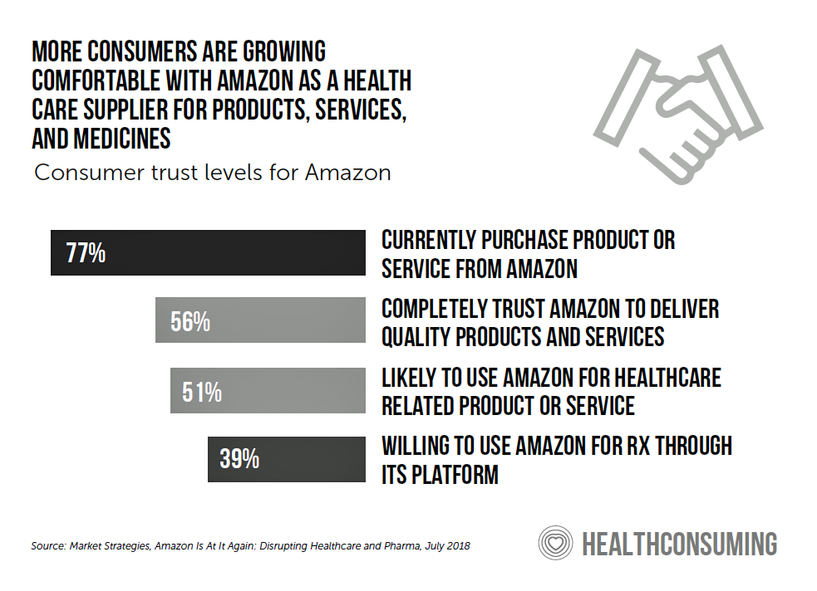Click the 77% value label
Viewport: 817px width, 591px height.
click(86, 252)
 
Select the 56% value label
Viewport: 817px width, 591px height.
click(190, 321)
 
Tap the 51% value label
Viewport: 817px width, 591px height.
click(202, 391)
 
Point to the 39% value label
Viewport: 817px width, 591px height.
click(240, 458)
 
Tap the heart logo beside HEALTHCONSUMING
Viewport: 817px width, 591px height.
click(555, 545)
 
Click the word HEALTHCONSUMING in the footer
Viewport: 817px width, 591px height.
click(679, 545)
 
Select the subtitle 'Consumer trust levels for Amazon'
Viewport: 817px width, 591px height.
click(212, 173)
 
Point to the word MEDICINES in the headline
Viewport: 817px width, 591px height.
click(126, 137)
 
